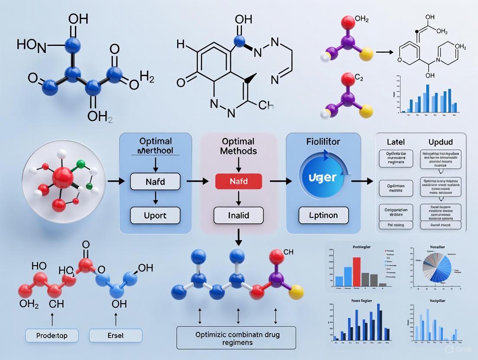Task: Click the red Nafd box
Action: (239, 181)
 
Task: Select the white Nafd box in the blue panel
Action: (155, 181)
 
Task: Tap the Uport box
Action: (155, 215)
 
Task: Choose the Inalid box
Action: (239, 215)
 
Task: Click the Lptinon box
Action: (323, 215)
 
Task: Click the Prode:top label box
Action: (52, 336)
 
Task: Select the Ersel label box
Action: (116, 336)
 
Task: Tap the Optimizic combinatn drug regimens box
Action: (236, 338)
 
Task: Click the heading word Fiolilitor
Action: (323, 141)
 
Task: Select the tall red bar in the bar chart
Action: (357, 272)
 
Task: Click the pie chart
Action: (433, 271)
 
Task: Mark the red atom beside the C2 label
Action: (347, 80)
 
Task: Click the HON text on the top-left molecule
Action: (31, 45)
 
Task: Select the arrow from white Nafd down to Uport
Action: (155, 198)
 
